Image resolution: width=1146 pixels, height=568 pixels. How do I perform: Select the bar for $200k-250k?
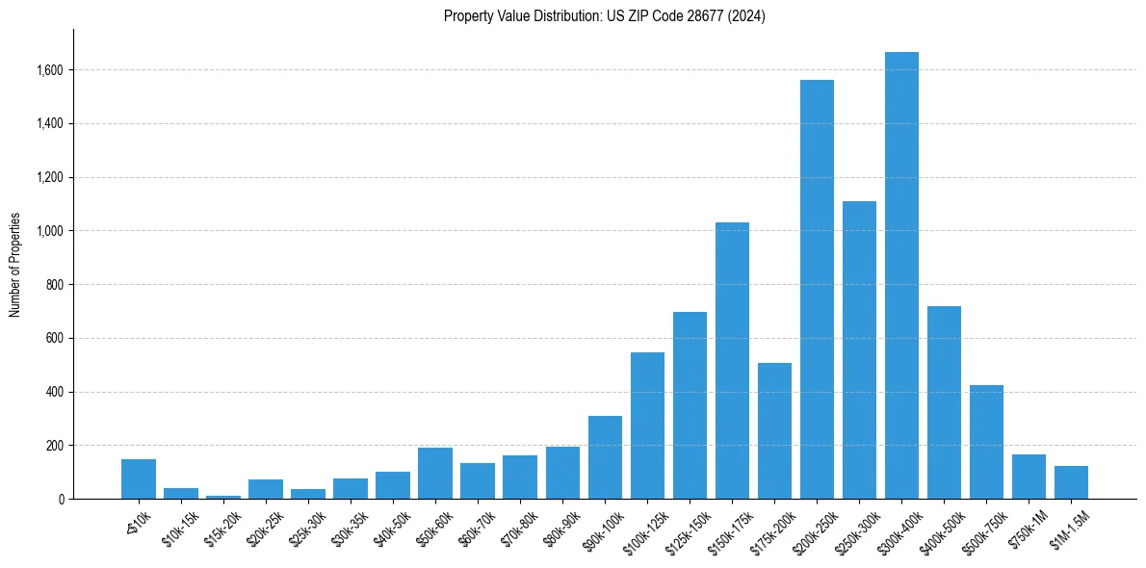pyautogui.click(x=817, y=289)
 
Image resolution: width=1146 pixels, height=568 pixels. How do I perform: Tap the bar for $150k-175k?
pyautogui.click(x=732, y=361)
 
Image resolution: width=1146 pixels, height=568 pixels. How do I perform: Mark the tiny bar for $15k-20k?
pyautogui.click(x=223, y=497)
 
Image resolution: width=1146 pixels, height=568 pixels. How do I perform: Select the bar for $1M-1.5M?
pyautogui.click(x=1071, y=482)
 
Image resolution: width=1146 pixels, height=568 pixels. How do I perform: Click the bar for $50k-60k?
pyautogui.click(x=435, y=473)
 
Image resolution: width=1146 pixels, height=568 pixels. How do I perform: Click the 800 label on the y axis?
pyautogui.click(x=55, y=285)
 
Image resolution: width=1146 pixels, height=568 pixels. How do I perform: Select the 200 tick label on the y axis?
pyautogui.click(x=55, y=446)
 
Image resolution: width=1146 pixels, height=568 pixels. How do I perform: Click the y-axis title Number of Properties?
pyautogui.click(x=14, y=264)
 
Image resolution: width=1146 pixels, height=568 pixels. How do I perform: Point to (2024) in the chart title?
pyautogui.click(x=748, y=16)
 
